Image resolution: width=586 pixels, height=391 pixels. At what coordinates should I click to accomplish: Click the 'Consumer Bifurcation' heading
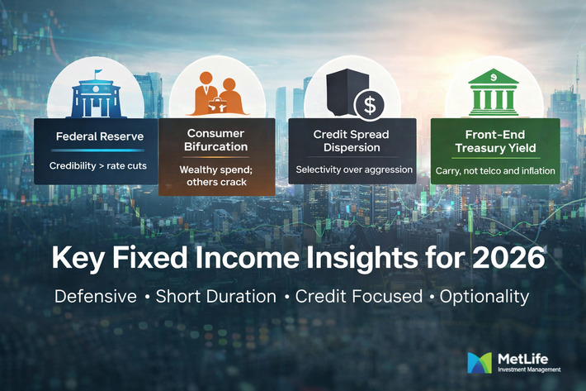pos(215,140)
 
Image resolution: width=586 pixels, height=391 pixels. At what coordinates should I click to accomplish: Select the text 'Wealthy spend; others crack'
pos(215,175)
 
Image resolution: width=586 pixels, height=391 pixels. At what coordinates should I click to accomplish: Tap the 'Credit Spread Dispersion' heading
pos(352,141)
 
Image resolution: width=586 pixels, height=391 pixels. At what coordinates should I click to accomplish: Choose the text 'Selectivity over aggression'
pos(352,169)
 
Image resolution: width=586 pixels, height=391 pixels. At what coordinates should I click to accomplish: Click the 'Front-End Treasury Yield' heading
pos(495,141)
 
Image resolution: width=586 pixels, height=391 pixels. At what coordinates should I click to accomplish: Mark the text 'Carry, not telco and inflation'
pos(495,172)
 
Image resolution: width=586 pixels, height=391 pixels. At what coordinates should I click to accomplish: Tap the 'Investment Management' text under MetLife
pos(530,370)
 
